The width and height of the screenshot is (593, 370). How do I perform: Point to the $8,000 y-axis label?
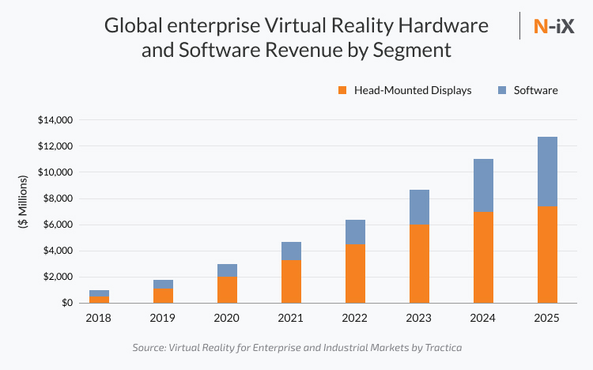coord(58,198)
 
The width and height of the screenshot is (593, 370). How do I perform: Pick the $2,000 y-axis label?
coord(58,277)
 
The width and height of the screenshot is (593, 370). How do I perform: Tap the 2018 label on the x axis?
coord(99,318)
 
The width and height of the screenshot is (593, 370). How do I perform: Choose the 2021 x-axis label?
coord(291,318)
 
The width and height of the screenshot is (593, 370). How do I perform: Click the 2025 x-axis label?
coord(547,318)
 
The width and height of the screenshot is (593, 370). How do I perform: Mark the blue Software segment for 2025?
coord(547,172)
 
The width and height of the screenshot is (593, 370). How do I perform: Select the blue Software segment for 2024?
coord(483,185)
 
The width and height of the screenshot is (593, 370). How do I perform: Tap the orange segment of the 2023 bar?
coord(419,263)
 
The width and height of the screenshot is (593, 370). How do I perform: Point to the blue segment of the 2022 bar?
coord(355,232)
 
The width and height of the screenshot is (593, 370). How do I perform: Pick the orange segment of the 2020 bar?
coord(227,289)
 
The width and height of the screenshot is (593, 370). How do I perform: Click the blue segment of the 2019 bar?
coord(163,284)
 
